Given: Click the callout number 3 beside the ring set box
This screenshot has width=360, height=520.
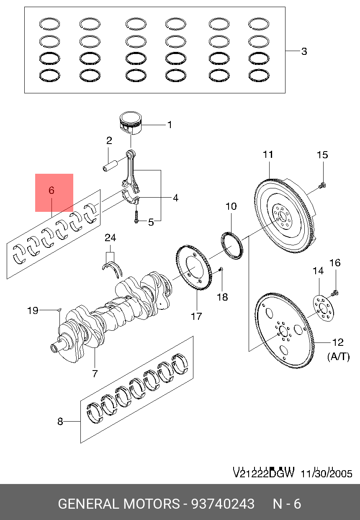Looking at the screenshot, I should pos(304,51).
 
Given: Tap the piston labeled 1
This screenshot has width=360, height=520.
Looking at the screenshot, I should pos(130,122).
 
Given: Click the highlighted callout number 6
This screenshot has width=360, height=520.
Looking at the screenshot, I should pos(51,190).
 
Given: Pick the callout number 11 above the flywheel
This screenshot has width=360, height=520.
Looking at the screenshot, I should pos(268,154).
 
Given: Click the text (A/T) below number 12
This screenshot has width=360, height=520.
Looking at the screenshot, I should pos(338,356).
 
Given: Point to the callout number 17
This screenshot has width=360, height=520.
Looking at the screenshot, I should pos(196,316).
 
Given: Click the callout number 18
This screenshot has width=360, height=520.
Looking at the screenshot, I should pos(222,297).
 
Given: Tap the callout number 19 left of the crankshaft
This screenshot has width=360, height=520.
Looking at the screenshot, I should pos(33,310).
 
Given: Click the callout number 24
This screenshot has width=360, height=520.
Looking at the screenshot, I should pos(110,238).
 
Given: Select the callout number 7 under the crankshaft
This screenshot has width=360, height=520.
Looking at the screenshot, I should pos(95,373).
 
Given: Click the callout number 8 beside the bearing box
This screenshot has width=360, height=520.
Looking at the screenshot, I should pos(60,422).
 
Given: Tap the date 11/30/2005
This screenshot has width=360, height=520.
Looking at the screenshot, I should pos(326,474).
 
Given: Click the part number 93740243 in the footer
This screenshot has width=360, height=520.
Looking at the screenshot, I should pos(223,503).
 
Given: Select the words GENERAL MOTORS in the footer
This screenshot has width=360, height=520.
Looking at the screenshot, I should pos(118,503).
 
